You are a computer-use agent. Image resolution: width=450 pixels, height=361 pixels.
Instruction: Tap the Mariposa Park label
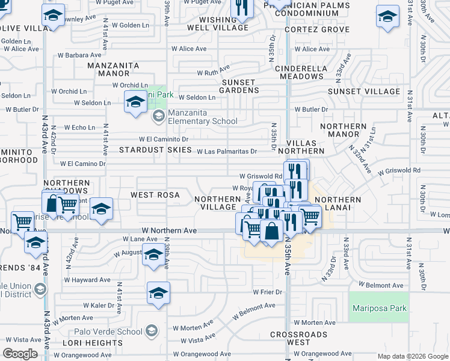pos(378,309)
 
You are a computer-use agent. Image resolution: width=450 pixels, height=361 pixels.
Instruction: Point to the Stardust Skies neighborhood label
pos(148,149)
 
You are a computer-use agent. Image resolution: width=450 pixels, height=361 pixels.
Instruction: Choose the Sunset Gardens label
pos(240,86)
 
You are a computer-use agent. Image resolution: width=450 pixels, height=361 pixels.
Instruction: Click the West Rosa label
pos(155,196)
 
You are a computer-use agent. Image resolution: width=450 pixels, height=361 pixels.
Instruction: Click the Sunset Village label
pos(363,91)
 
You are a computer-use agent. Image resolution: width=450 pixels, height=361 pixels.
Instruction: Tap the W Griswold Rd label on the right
pos(399,171)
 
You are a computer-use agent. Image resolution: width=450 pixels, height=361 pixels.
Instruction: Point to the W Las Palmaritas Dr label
pos(227,152)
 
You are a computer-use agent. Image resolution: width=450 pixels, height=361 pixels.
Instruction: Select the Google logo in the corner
pos(20,354)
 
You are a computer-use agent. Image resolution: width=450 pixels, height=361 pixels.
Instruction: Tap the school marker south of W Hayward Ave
pos(158,294)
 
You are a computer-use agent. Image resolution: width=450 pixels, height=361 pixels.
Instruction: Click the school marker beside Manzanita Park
pos(135,102)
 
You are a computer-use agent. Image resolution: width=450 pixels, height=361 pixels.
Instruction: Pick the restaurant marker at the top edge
pos(242,8)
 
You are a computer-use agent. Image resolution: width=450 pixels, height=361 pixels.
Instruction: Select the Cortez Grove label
pos(309,29)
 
